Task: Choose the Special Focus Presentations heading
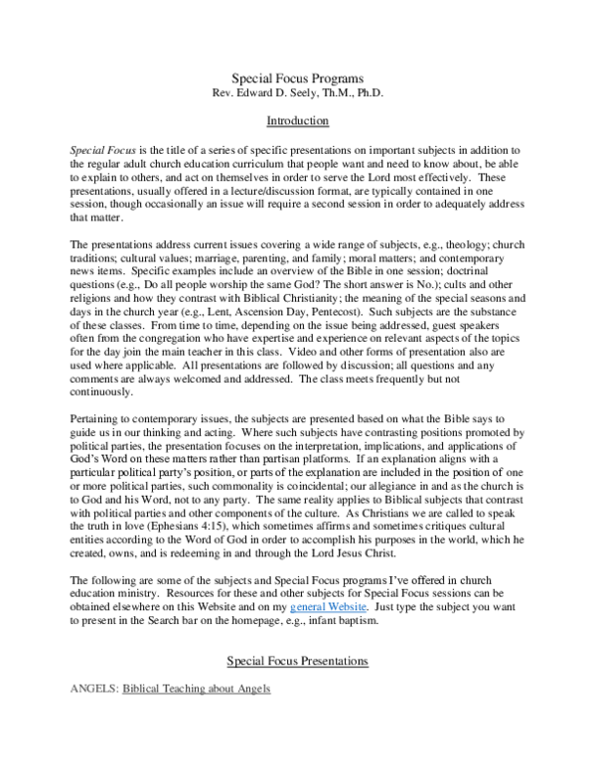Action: point(298,660)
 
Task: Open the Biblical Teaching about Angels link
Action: point(196,689)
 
